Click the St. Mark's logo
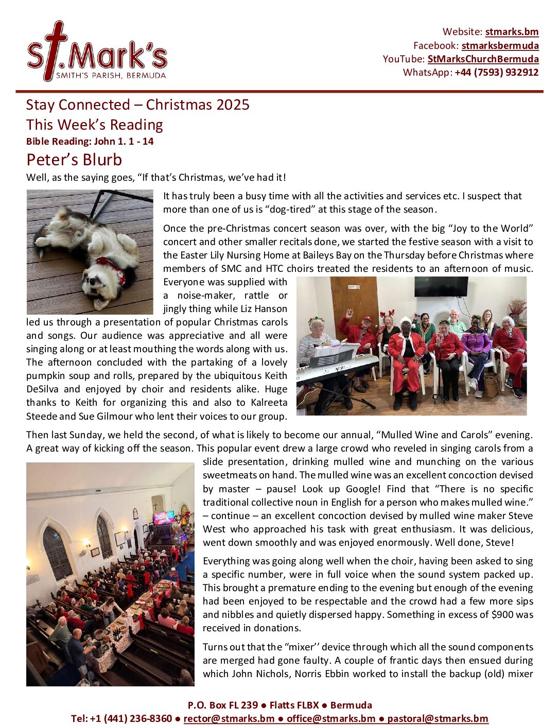(x=97, y=52)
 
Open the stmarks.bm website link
(x=512, y=32)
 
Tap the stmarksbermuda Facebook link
(x=500, y=45)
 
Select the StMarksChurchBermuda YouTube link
(x=483, y=59)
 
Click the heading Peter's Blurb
(x=74, y=160)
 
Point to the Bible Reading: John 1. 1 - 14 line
(x=90, y=142)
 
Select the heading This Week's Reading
(x=95, y=125)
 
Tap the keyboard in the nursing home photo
(x=337, y=367)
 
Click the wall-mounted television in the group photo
(x=441, y=286)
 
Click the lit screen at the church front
(x=163, y=517)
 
